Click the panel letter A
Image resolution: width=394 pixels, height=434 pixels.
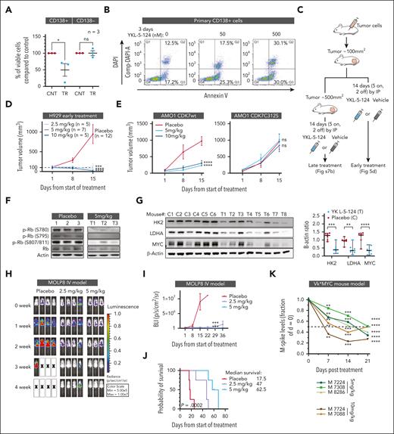5,6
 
